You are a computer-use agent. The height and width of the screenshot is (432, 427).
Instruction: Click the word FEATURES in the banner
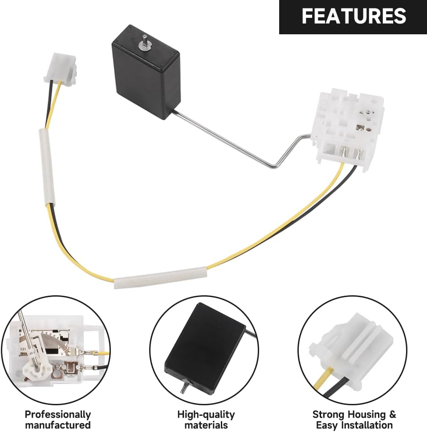point(354,16)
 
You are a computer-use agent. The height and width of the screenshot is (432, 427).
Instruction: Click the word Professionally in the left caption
point(57,414)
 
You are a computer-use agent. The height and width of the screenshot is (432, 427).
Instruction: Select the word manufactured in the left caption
point(57,425)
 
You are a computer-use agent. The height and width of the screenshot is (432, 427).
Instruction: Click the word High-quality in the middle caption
point(206,414)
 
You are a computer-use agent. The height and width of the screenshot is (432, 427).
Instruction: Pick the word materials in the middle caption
point(206,425)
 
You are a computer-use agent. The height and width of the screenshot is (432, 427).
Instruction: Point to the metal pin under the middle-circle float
point(182,387)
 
